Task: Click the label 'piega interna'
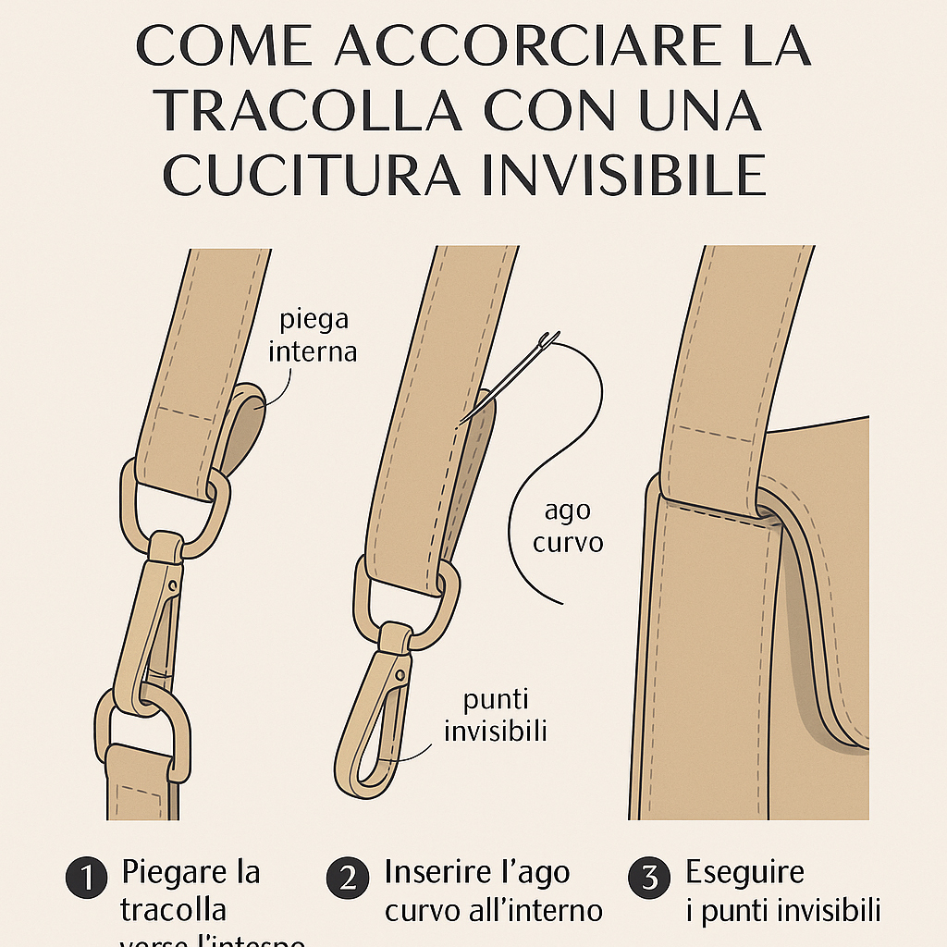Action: pos(315,336)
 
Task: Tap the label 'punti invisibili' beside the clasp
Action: pos(496,715)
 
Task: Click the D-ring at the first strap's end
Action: pos(176,509)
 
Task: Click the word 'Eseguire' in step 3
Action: pos(744,872)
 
